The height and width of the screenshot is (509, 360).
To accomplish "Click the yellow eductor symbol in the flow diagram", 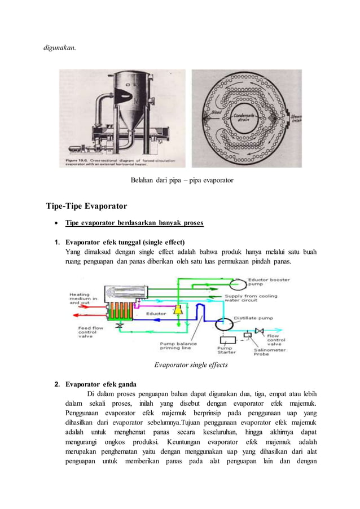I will coord(179,310).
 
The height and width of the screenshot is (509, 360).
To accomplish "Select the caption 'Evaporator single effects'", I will coord(191,365).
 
